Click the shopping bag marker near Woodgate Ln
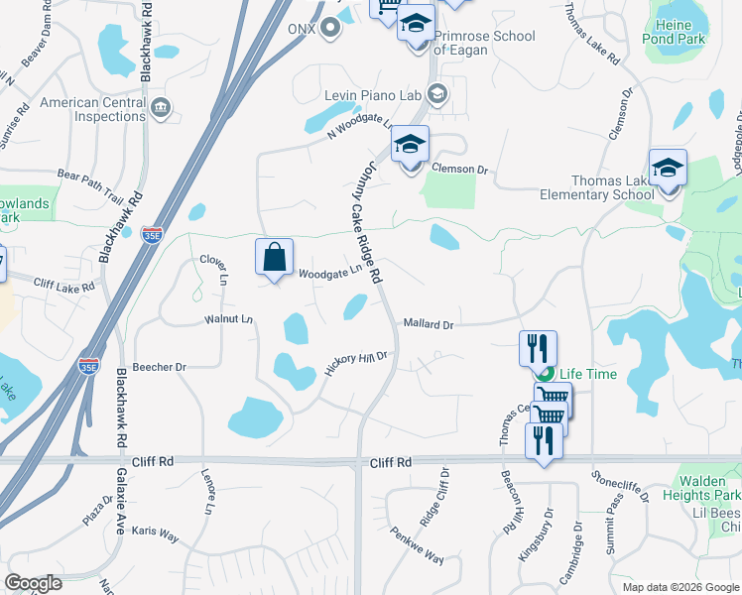(275, 258)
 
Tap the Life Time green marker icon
(545, 374)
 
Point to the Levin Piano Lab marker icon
(437, 95)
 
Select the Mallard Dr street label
(428, 324)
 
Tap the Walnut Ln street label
(229, 319)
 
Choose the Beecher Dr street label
(166, 367)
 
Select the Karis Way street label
(157, 536)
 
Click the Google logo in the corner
(34, 584)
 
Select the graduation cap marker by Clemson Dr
(410, 145)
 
